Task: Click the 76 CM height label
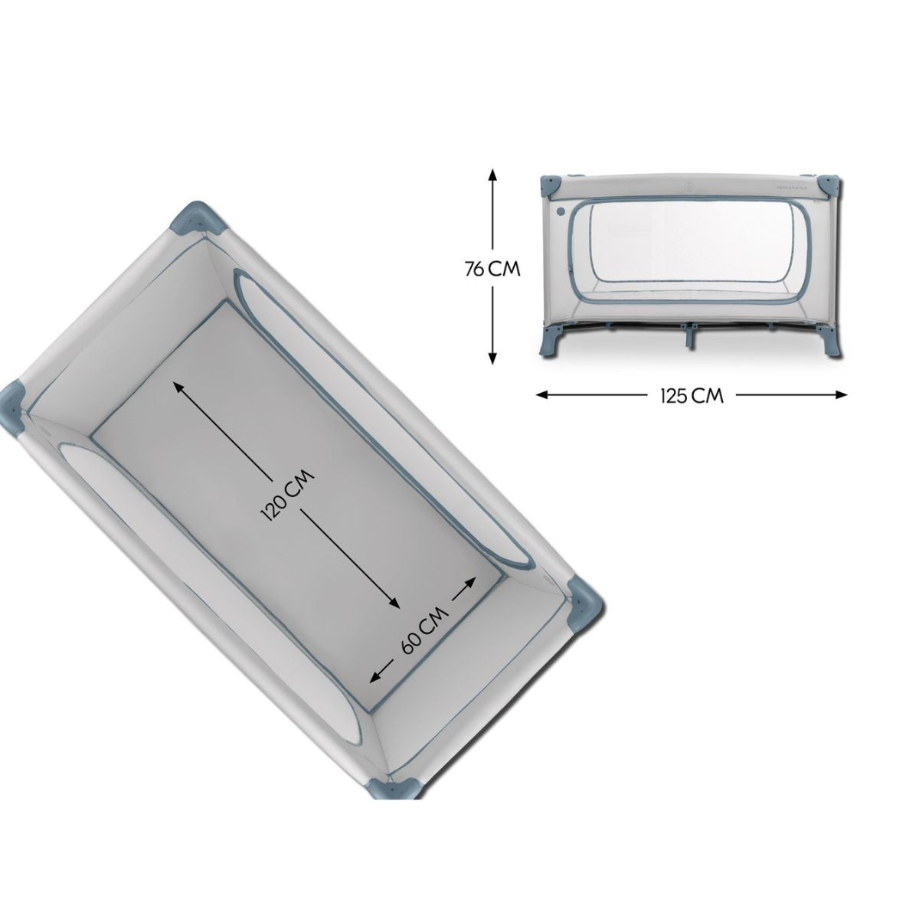point(492,270)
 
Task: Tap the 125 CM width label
point(692,396)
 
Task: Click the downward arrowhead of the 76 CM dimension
point(493,358)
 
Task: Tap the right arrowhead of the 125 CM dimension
point(840,394)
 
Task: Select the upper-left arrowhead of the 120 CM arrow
point(179,388)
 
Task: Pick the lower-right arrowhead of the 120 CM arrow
point(393,603)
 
